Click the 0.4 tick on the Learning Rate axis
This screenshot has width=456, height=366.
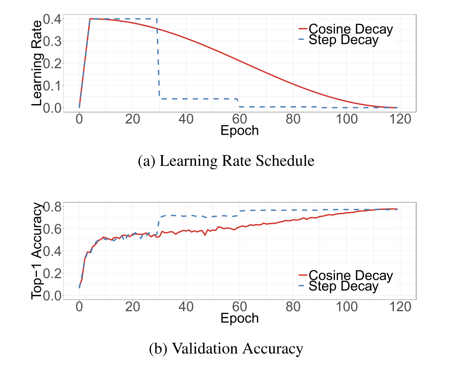click(53, 19)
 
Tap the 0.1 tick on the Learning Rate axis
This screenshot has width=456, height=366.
click(53, 85)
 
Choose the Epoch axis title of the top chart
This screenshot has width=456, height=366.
click(239, 131)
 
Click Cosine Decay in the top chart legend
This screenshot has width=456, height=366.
click(351, 29)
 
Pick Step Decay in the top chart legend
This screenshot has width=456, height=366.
click(343, 40)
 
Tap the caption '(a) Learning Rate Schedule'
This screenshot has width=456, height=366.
click(226, 161)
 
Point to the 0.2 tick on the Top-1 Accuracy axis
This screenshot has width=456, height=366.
click(53, 273)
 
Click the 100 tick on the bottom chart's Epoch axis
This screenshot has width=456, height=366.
click(346, 307)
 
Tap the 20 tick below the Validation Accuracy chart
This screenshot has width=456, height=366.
click(133, 307)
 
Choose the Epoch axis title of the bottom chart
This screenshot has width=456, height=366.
click(239, 318)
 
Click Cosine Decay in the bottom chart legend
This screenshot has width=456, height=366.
click(351, 275)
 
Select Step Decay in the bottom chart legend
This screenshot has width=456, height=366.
click(343, 286)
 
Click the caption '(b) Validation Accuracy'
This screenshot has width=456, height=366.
click(226, 349)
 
